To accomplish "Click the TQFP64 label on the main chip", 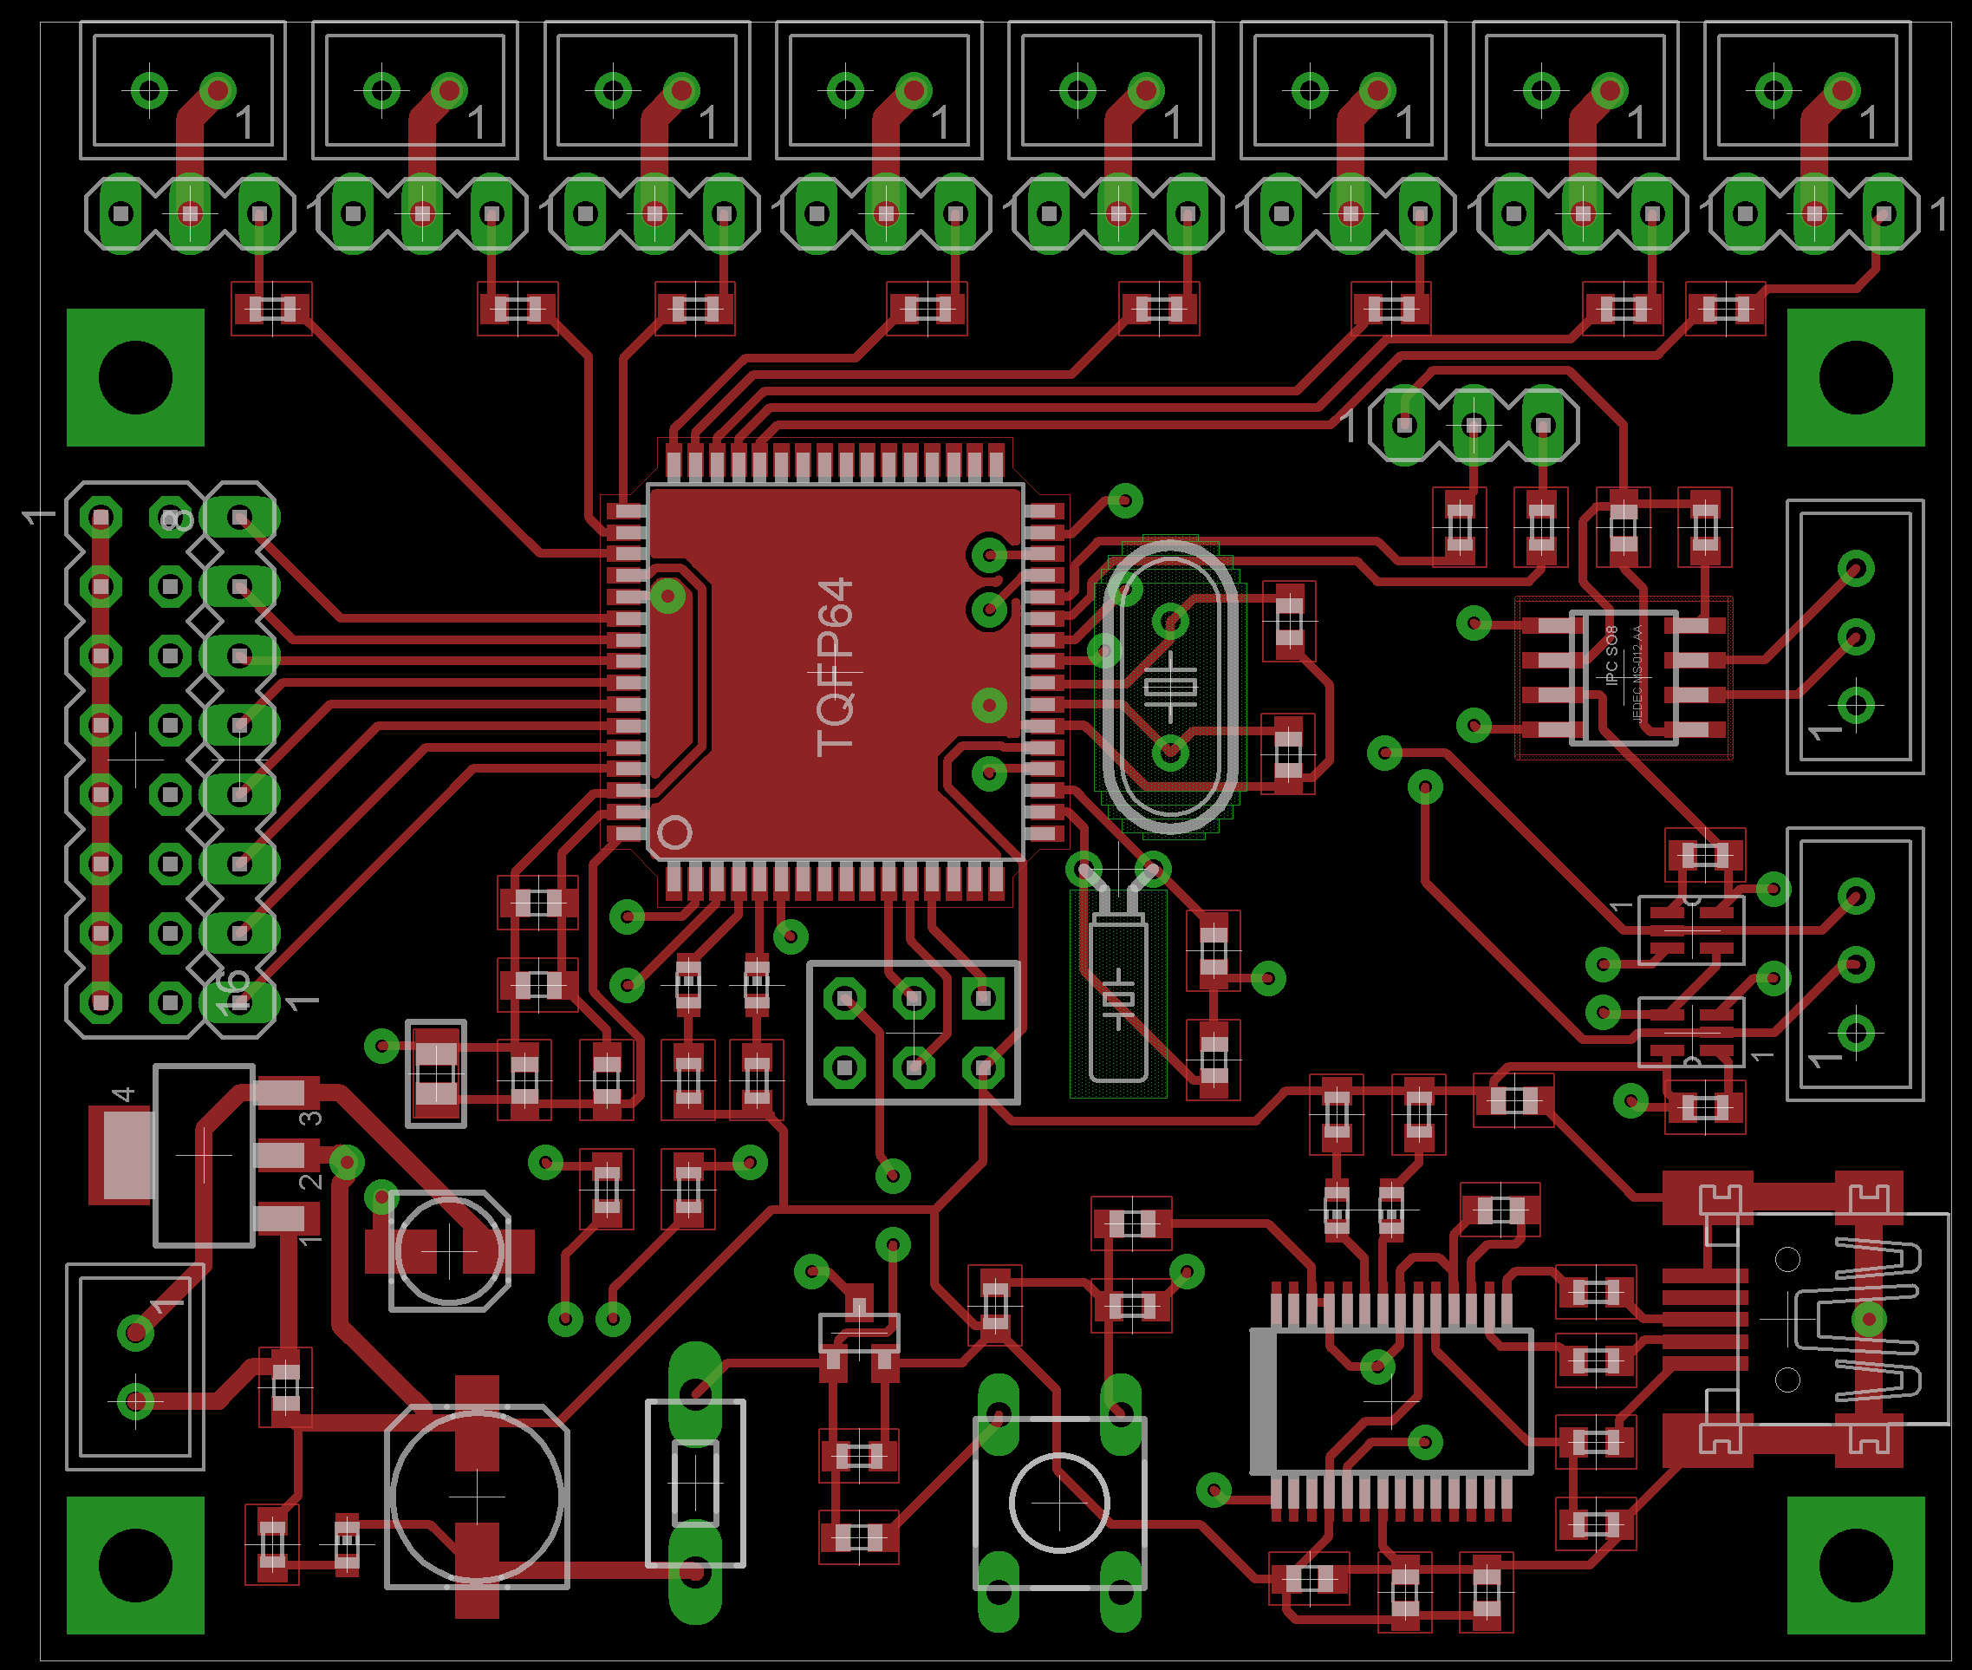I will (835, 668).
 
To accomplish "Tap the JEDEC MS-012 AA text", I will (1637, 672).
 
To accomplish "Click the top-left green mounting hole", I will (135, 377).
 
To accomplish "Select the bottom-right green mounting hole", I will (1856, 1566).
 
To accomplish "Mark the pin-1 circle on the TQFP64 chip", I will (674, 832).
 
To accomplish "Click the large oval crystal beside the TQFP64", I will (1170, 687).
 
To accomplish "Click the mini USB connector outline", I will (1840, 1318).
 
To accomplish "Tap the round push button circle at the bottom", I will (1059, 1503).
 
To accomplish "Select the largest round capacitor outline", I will (477, 1497).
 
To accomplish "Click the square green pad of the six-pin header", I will (983, 998).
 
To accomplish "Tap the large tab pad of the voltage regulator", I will (121, 1156).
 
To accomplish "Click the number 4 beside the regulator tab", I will (123, 1095).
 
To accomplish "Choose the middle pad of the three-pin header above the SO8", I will (1474, 425).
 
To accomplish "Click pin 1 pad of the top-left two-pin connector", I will (218, 91).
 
